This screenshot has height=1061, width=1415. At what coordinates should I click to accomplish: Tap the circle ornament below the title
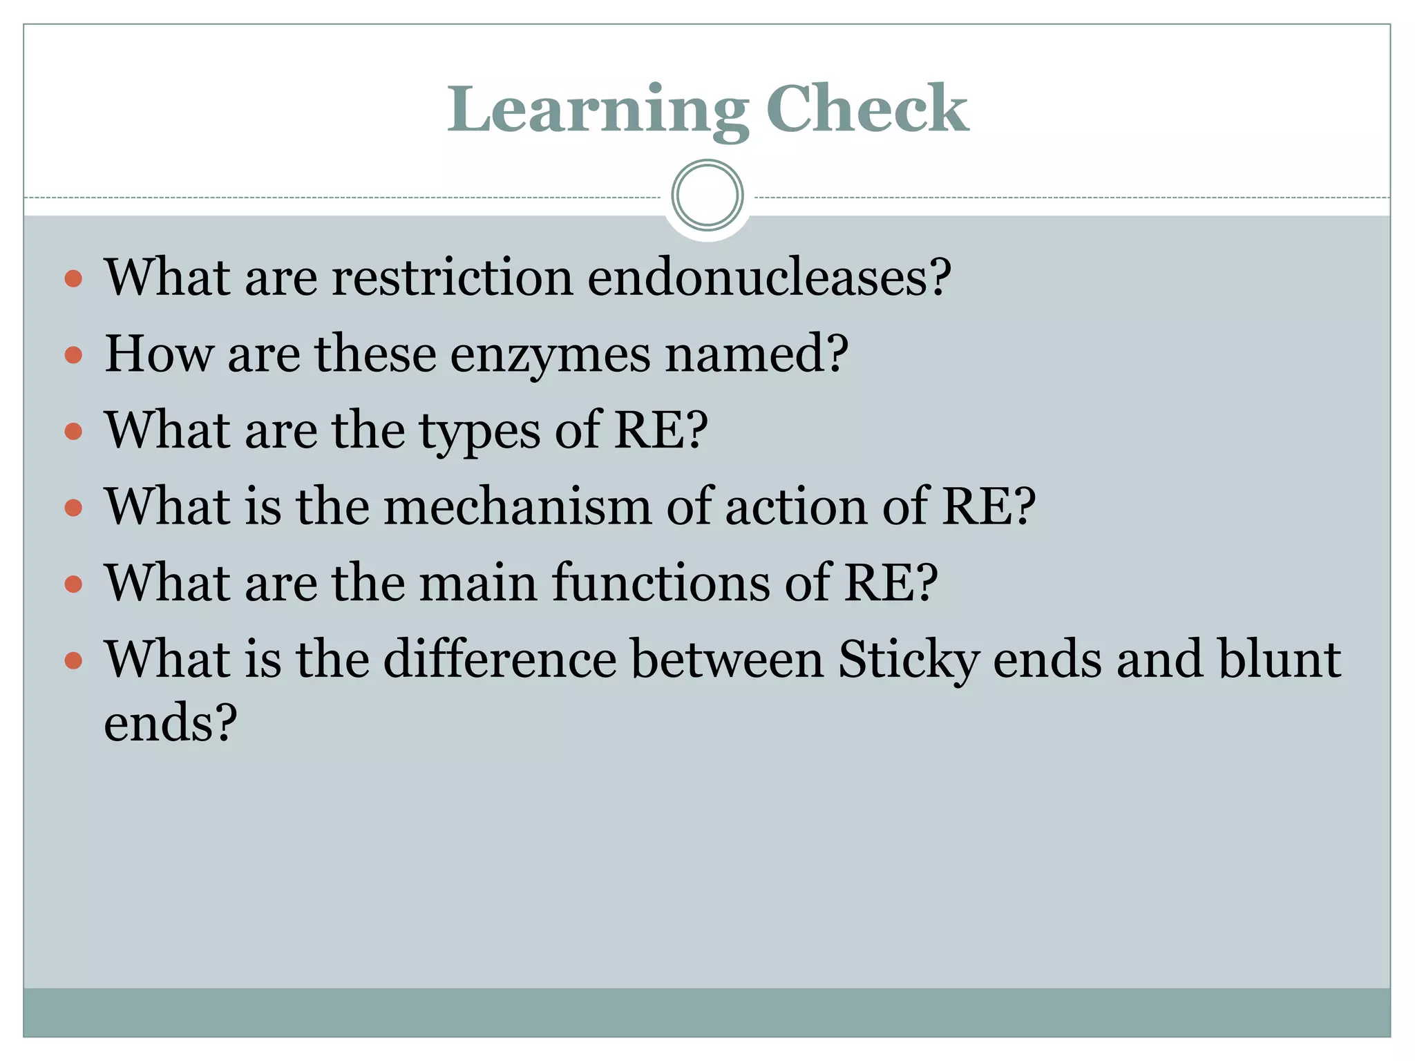click(x=707, y=195)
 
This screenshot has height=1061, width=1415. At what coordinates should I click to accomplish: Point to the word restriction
click(x=453, y=277)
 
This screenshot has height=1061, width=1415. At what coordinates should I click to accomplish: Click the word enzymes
click(x=550, y=354)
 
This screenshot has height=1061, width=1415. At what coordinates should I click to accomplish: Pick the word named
click(x=756, y=354)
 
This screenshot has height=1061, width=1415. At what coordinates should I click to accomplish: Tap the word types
click(x=480, y=431)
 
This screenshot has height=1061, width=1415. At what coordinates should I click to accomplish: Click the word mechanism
click(x=517, y=506)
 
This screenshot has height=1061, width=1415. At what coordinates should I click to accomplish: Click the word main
click(x=478, y=582)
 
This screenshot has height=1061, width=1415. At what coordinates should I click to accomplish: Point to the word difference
click(x=500, y=659)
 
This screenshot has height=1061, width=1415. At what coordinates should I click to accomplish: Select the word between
click(x=728, y=659)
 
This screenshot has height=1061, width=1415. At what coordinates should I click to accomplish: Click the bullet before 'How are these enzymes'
click(x=73, y=356)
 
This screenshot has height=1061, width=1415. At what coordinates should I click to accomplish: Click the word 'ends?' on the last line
click(x=170, y=723)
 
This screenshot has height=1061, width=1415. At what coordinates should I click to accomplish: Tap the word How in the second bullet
click(x=159, y=354)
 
